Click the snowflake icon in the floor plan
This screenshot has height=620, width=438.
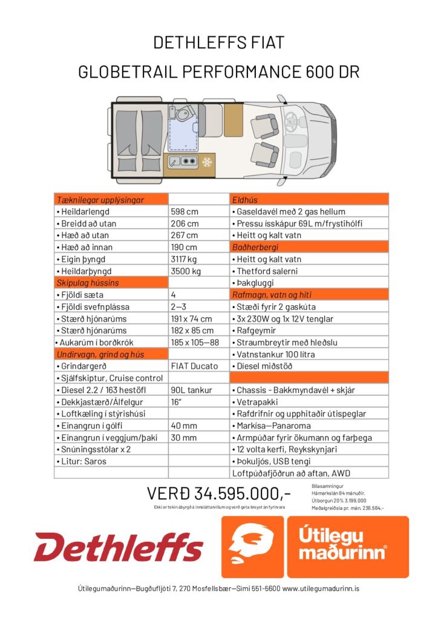tap(207, 163)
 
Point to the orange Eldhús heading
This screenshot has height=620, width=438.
tap(309, 200)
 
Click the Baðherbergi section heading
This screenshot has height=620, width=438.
tap(309, 248)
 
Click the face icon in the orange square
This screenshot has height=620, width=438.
tap(252, 547)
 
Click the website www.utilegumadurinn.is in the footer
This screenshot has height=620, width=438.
tap(321, 588)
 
